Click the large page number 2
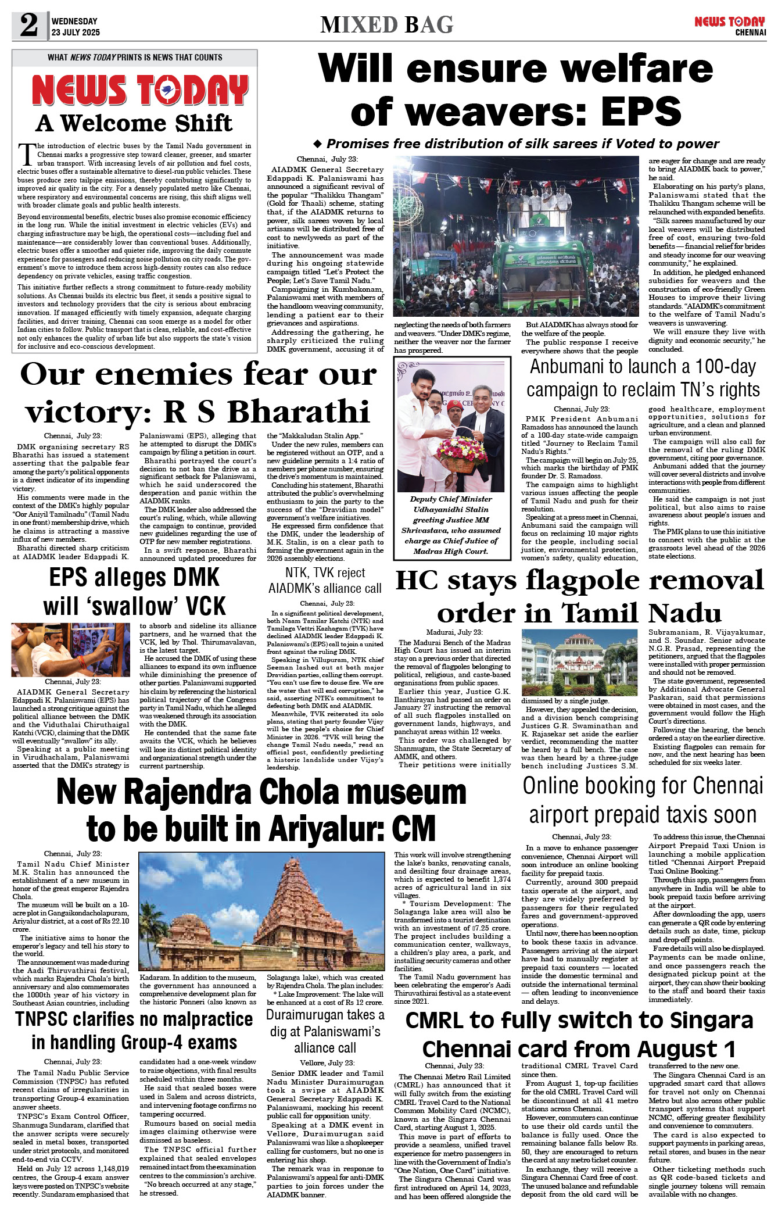(x=28, y=26)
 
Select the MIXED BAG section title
(x=386, y=25)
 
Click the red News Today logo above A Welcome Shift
(x=140, y=91)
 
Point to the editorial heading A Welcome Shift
(x=134, y=123)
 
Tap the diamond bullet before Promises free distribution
(x=317, y=144)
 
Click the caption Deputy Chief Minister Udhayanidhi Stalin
(x=451, y=504)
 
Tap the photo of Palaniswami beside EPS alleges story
(x=70, y=649)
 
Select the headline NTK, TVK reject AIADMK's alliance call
(x=325, y=580)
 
